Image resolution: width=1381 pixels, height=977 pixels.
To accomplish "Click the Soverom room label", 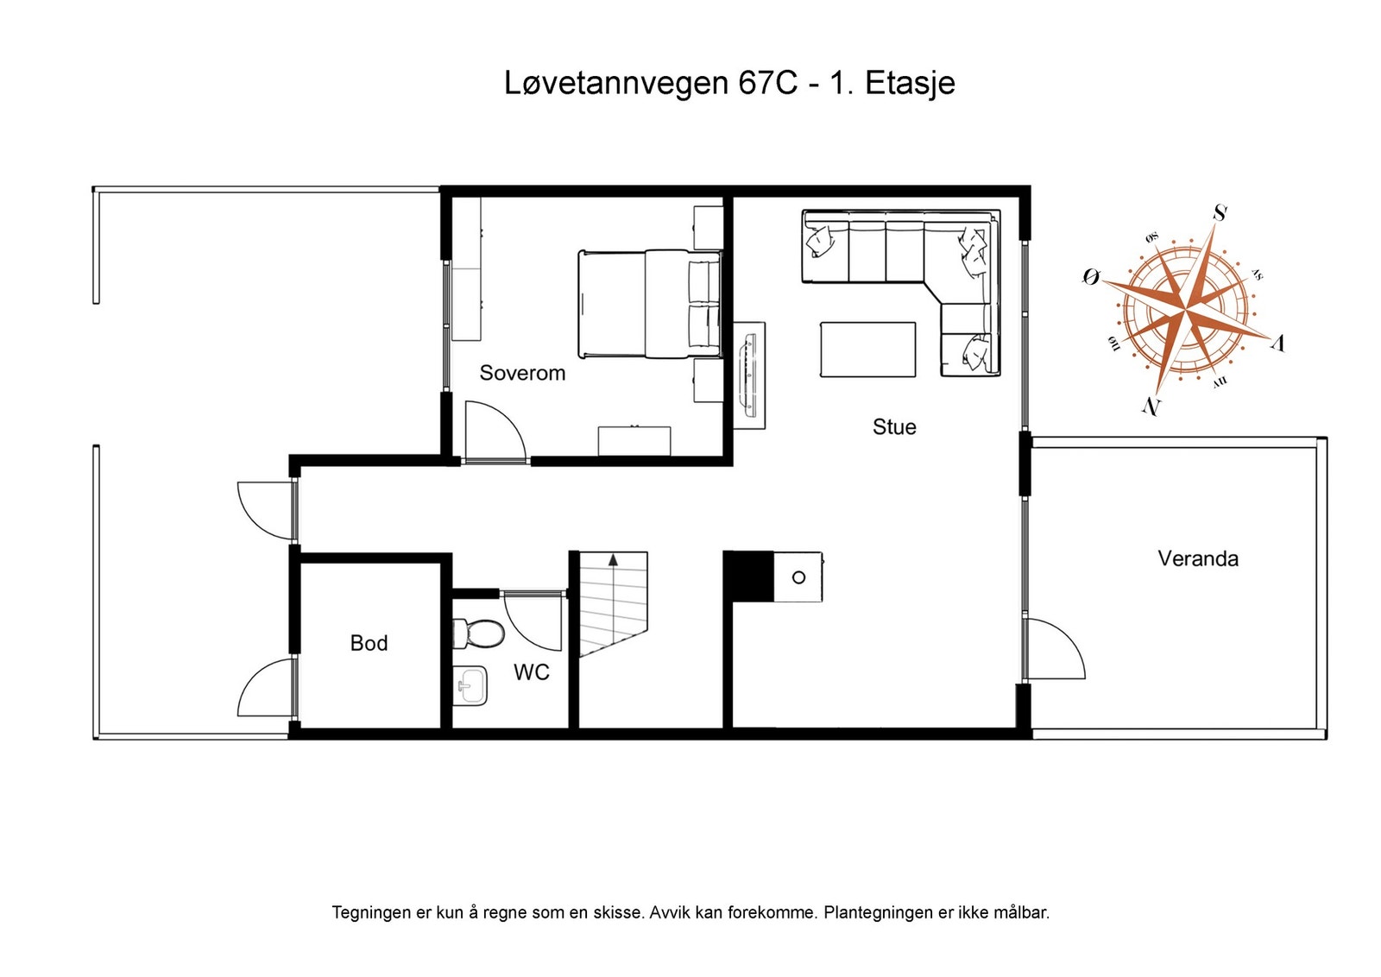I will (522, 373).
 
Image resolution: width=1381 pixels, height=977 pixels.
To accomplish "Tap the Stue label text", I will (893, 426).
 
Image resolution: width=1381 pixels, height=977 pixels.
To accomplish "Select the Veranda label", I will (1197, 558).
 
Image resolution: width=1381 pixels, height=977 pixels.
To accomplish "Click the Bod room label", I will (369, 643).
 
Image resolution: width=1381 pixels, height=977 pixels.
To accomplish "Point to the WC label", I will (531, 672).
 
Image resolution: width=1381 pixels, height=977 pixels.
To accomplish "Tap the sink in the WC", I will (470, 686).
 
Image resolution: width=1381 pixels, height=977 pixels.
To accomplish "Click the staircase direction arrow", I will (613, 561).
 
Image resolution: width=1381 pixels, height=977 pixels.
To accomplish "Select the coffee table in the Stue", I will (867, 350).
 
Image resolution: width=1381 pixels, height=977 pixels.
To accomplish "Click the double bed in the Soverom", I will (649, 304).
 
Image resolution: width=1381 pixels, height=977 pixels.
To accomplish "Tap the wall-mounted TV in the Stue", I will (749, 375).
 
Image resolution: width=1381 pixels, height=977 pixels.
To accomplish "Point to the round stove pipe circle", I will (798, 577).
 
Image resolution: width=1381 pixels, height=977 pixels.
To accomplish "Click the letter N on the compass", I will (1151, 406).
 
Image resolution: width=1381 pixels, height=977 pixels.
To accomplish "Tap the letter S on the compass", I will (1219, 212).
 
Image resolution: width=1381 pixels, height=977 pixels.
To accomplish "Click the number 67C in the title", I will (767, 84).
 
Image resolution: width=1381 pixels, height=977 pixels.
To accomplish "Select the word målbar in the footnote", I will (1020, 912).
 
